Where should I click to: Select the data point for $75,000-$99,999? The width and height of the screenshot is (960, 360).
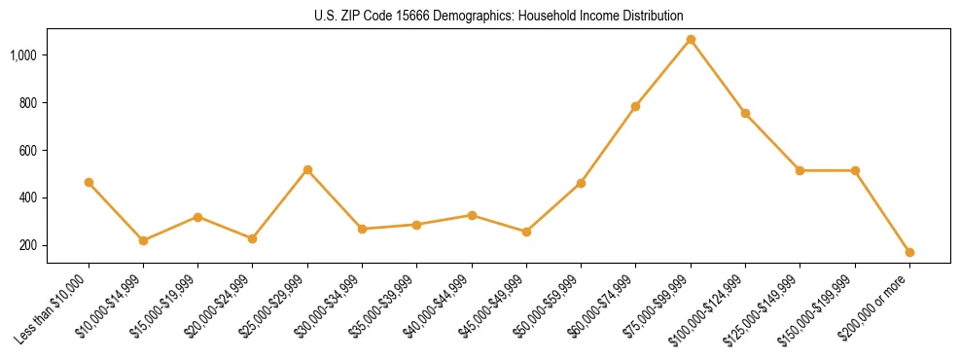pyautogui.click(x=691, y=40)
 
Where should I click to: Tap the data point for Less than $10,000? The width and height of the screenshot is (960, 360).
pyautogui.click(x=89, y=182)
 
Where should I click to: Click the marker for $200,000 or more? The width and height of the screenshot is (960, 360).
pyautogui.click(x=909, y=252)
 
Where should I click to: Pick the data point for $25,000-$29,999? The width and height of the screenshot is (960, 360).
pyautogui.click(x=307, y=169)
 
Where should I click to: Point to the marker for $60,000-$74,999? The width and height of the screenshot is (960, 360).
pyautogui.click(x=636, y=106)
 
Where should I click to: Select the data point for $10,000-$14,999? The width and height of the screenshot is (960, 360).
pyautogui.click(x=143, y=240)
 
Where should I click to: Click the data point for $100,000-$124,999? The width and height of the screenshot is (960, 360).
pyautogui.click(x=745, y=113)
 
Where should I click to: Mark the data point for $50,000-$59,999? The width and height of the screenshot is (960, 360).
pyautogui.click(x=581, y=183)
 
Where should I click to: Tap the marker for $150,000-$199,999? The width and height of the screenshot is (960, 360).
pyautogui.click(x=855, y=170)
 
